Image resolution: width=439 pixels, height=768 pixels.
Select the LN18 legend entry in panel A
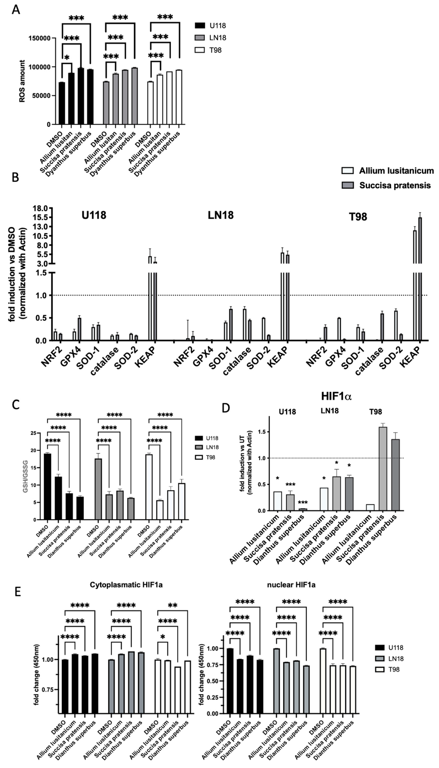pyautogui.click(x=209, y=38)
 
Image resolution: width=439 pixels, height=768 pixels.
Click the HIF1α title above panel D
pyautogui.click(x=337, y=396)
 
